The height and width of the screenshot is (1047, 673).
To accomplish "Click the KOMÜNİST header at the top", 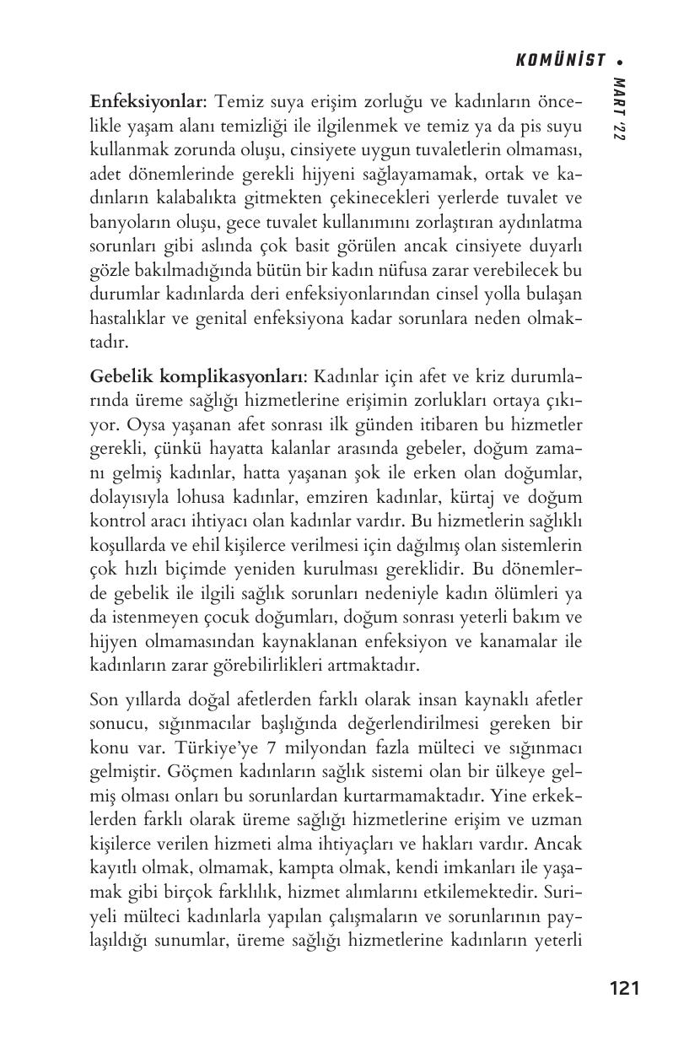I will [x=560, y=60].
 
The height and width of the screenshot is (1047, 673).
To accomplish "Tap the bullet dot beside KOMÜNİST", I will [x=620, y=61].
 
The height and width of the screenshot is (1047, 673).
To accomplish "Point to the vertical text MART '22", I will [x=619, y=110].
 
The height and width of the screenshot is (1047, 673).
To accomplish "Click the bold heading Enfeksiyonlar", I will [x=147, y=102].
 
